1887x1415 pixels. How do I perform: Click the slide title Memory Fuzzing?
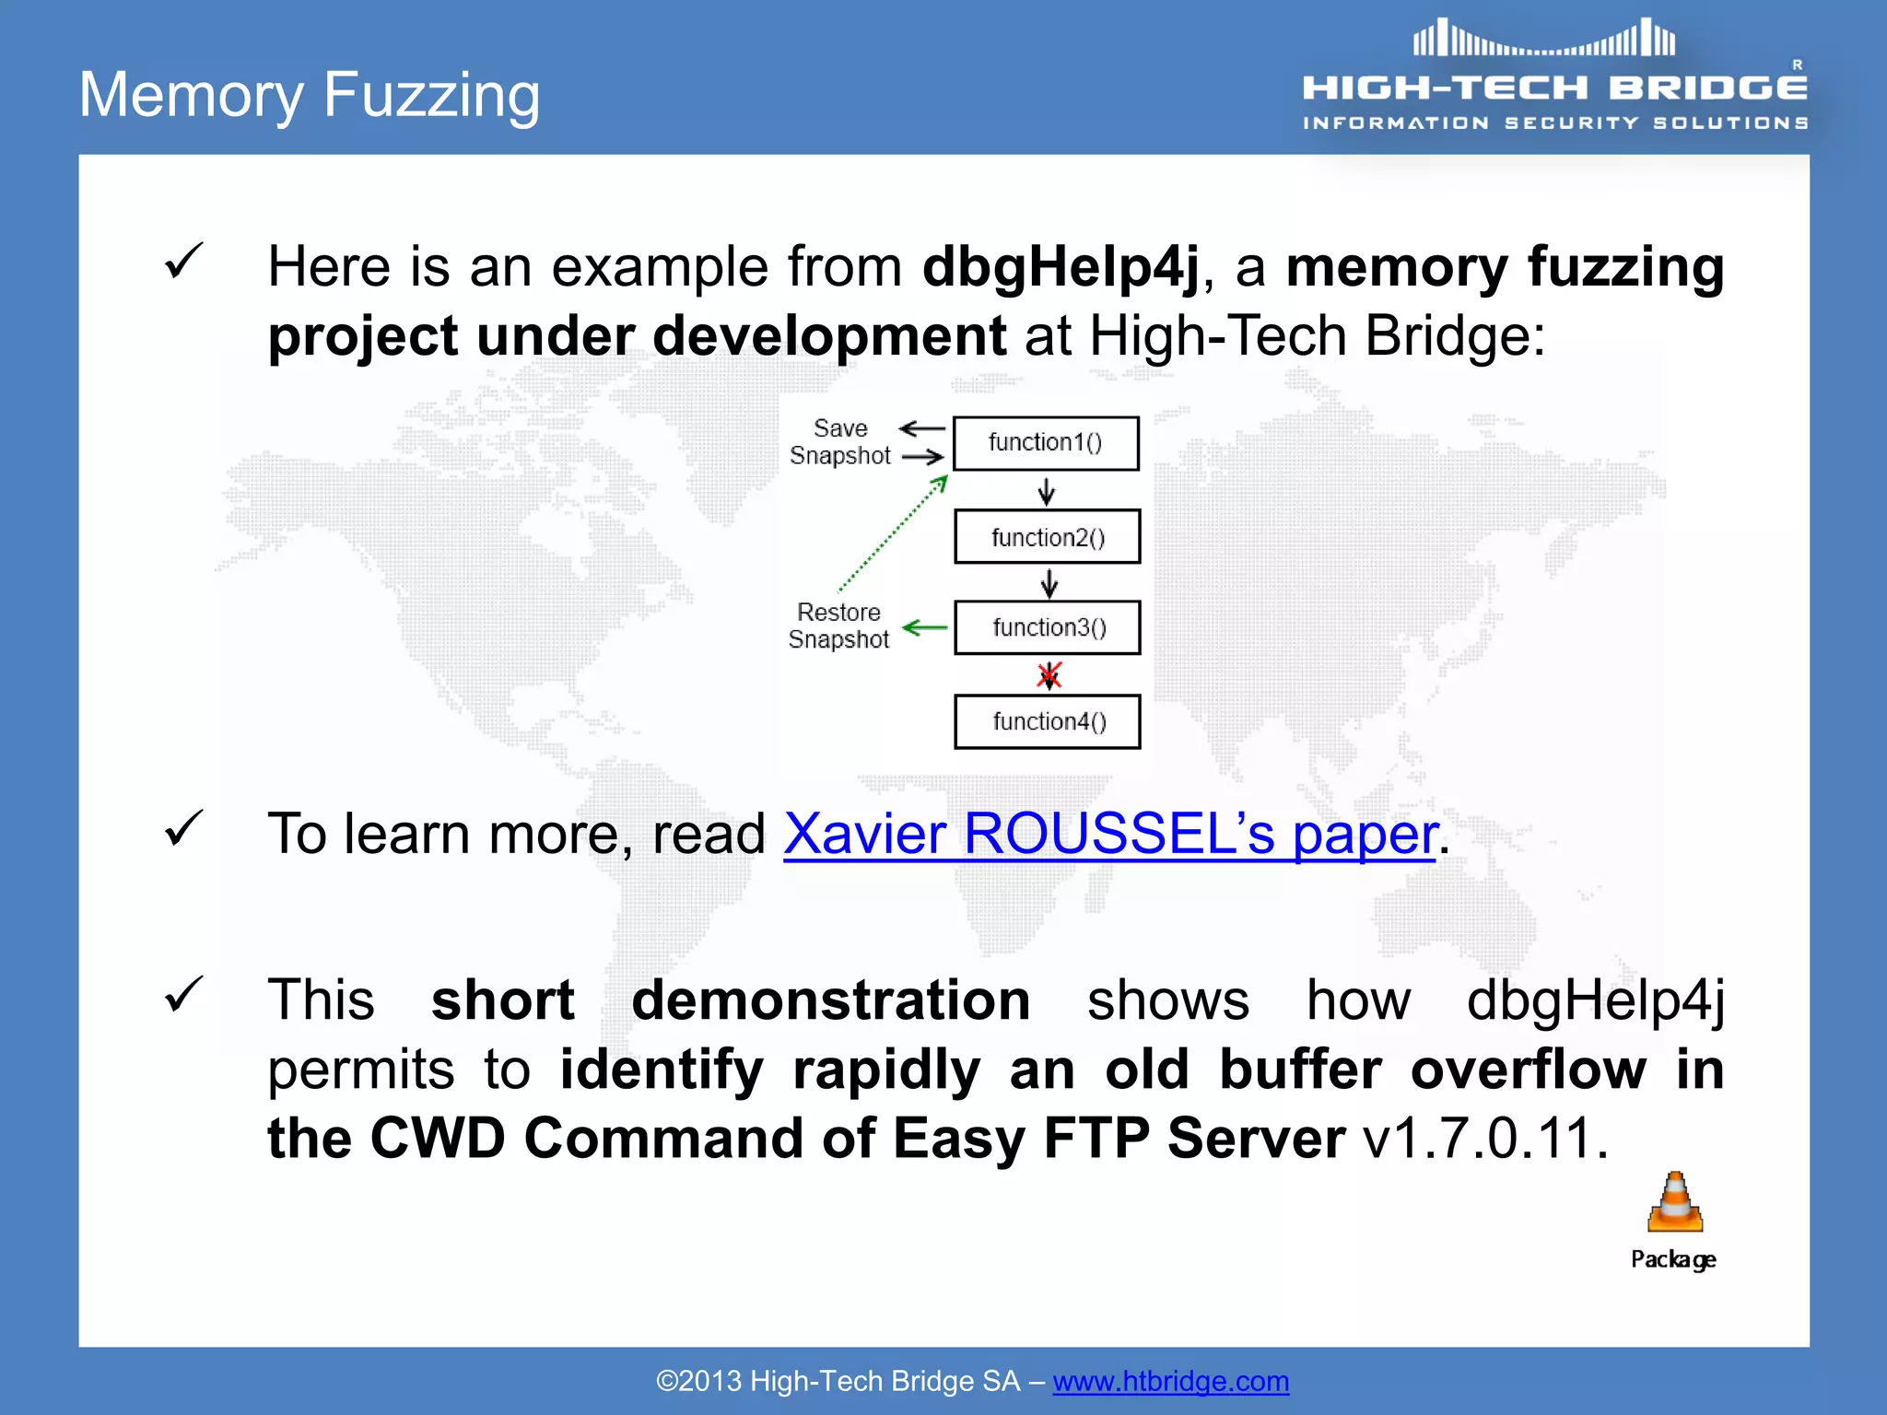310,95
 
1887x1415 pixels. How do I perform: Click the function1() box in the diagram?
1046,443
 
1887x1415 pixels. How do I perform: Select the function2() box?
1048,537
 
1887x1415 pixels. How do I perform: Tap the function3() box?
1048,628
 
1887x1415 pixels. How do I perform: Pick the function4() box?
1048,721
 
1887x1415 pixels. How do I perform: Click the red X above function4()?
1049,675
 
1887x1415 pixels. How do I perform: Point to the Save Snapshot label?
840,442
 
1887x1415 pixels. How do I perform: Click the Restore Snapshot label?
838,626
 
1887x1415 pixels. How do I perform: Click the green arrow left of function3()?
924,628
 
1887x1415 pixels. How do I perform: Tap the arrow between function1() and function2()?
1047,491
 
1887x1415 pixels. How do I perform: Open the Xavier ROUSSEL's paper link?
1109,835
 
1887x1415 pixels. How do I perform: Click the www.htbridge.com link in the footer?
1170,1381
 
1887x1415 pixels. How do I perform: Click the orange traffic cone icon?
1675,1202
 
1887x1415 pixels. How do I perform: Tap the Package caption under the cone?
1673,1259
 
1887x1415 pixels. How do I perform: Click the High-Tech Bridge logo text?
1554,88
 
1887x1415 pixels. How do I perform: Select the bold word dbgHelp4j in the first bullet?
1061,267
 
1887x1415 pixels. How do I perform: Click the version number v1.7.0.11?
1485,1139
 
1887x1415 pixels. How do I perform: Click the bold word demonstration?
830,1000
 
